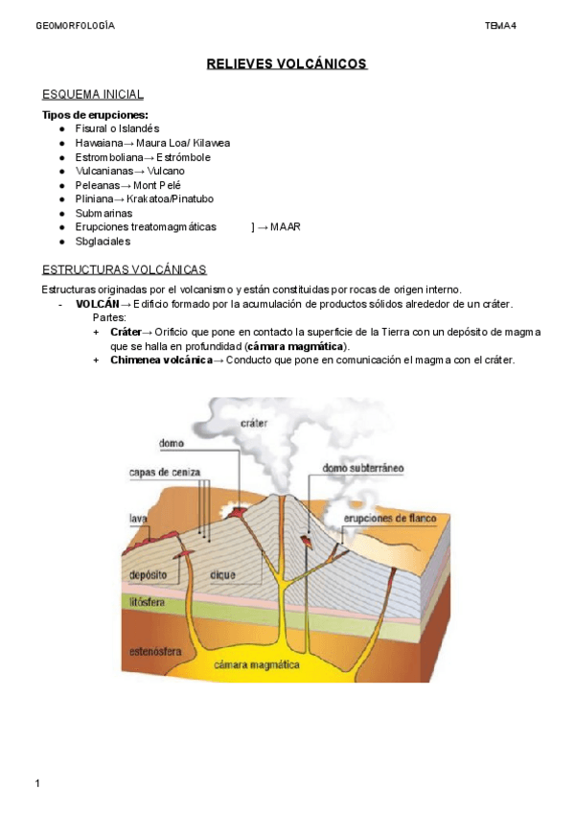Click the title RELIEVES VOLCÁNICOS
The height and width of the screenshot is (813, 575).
[287, 64]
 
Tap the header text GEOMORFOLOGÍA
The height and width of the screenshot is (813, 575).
[75, 25]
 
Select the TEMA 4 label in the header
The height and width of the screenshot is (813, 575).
[500, 25]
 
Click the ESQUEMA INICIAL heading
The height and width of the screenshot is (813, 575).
[93, 94]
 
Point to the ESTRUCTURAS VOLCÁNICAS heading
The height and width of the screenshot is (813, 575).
[125, 270]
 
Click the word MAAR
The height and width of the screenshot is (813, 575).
[286, 227]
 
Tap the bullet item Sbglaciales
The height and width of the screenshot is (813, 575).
[103, 242]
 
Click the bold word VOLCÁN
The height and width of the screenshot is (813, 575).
[98, 304]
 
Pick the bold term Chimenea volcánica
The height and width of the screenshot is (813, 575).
[161, 360]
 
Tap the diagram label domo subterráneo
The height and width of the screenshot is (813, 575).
[363, 468]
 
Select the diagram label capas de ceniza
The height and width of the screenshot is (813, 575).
[165, 472]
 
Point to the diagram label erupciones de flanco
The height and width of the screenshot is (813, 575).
[390, 519]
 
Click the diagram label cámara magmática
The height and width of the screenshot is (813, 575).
[257, 664]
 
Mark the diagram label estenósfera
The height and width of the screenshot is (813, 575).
[157, 651]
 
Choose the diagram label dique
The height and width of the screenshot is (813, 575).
[222, 575]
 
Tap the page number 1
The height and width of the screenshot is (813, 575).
[37, 785]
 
